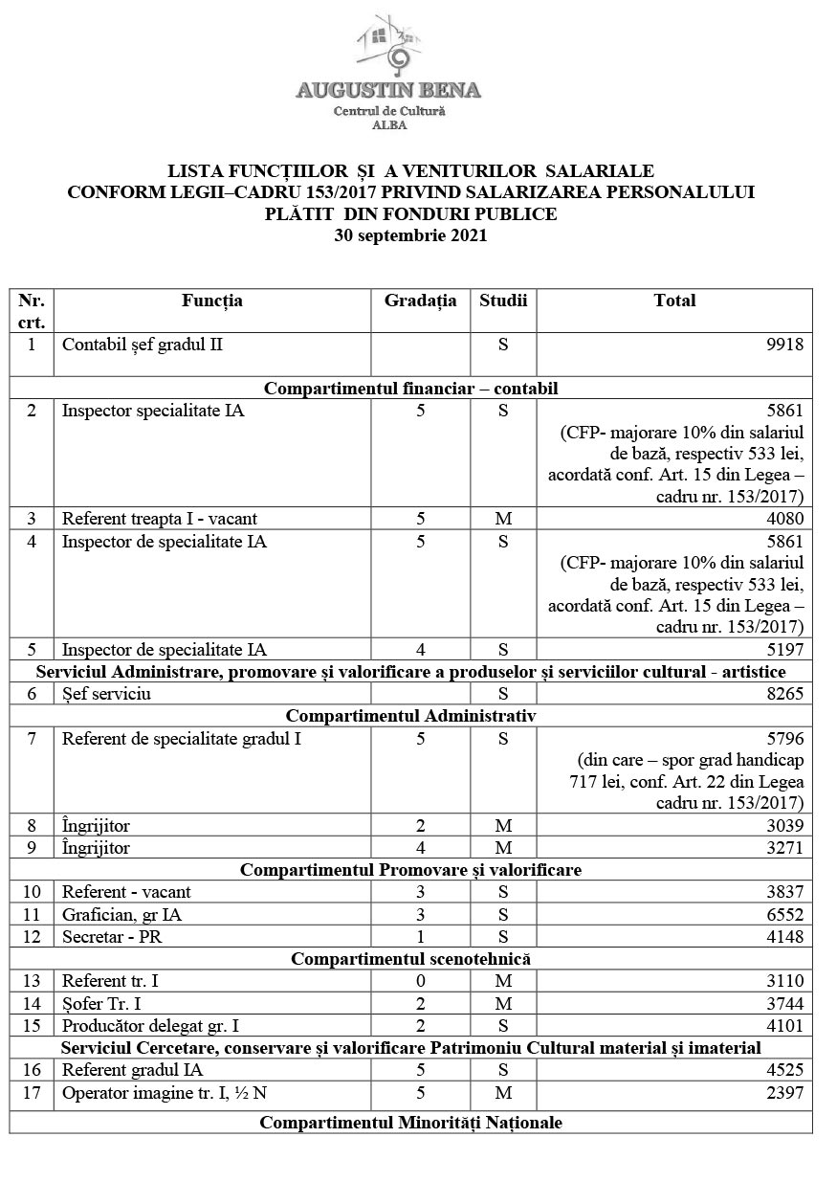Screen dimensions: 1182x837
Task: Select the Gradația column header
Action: [421, 301]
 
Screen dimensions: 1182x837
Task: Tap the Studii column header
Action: [503, 301]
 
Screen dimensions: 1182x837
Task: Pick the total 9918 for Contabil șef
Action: [784, 345]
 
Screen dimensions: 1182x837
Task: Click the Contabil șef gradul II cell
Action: [143, 345]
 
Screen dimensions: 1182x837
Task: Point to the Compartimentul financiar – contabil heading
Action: [410, 389]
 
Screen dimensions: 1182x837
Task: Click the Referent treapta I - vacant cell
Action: [160, 520]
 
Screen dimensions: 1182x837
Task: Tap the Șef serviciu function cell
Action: [106, 695]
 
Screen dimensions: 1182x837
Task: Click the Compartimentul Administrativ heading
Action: [410, 716]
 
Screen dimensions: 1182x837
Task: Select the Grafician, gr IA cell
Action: [121, 914]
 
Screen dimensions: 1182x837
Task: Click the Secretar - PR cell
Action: [112, 936]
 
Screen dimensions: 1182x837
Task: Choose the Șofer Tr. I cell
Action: [105, 1002]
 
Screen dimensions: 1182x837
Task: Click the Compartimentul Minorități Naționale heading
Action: [410, 1123]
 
